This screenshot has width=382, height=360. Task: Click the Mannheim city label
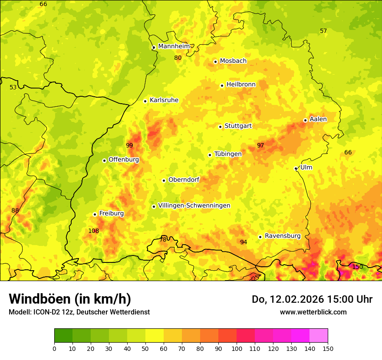174,46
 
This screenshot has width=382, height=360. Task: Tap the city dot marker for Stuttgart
221,127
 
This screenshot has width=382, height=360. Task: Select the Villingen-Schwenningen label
194,206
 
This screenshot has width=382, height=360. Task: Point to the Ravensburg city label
283,236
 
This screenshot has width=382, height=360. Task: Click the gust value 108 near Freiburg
94,231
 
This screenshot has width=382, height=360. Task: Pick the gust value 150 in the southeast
357,267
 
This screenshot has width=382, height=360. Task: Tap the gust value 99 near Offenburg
129,145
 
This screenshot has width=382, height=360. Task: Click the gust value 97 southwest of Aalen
260,145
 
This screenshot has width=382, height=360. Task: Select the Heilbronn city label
241,85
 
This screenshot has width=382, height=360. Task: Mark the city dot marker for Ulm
296,168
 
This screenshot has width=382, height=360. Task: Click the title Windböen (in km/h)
70,299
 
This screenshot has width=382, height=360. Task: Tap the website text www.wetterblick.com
313,312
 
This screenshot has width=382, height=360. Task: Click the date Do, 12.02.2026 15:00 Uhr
312,299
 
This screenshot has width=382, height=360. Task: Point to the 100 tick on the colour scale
237,348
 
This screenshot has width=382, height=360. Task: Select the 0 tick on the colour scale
54,348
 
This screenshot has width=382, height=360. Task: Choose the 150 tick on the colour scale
328,348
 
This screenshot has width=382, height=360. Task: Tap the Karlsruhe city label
164,100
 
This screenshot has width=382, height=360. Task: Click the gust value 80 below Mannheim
178,58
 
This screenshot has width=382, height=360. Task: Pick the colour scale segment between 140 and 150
319,336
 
